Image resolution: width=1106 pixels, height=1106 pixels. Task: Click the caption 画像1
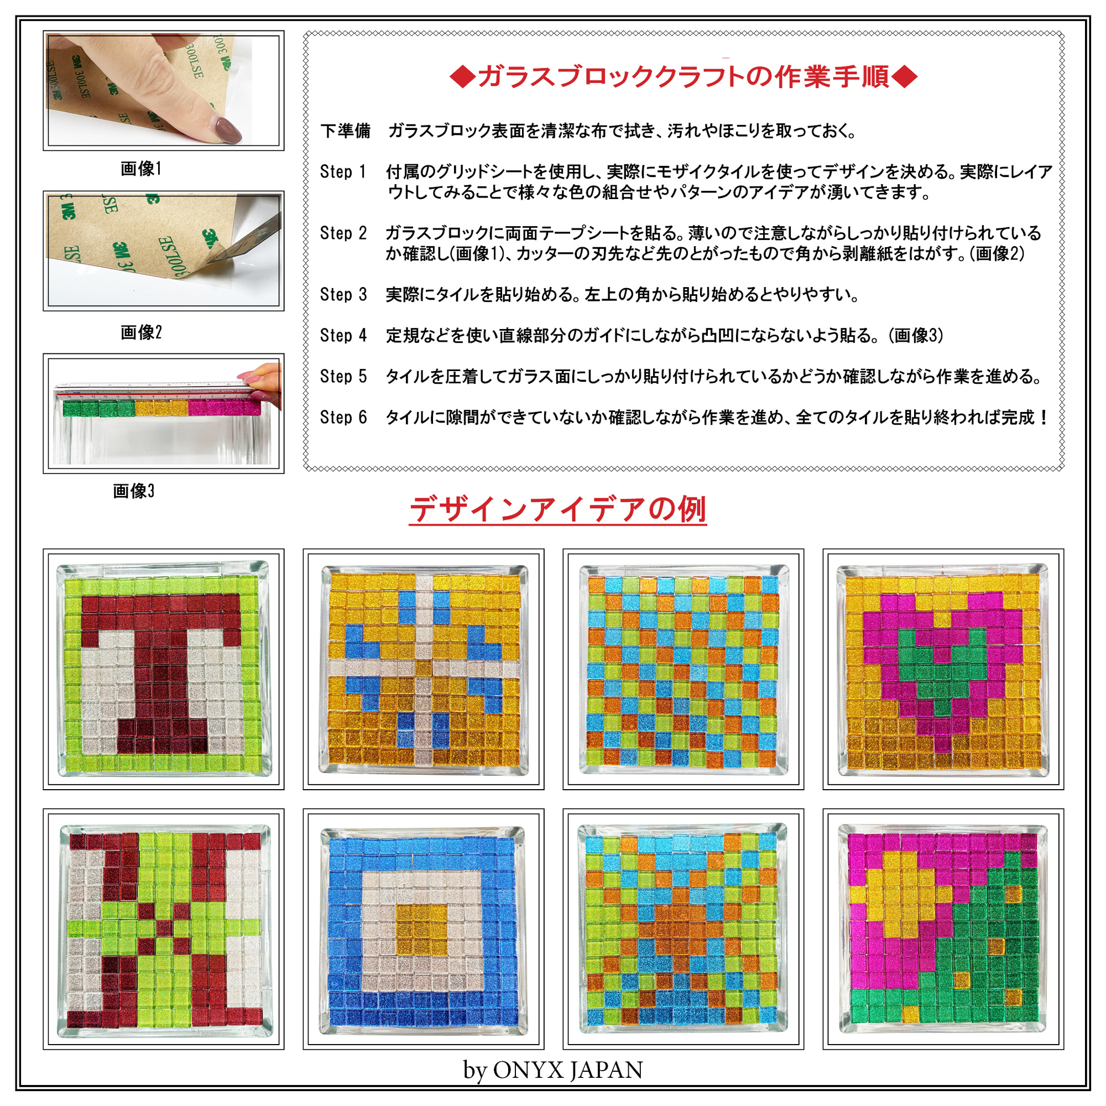tap(141, 168)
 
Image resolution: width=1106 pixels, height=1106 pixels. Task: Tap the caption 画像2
tap(141, 332)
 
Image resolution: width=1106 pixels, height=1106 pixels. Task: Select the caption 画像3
tap(133, 491)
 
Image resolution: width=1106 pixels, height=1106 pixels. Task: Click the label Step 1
tap(343, 172)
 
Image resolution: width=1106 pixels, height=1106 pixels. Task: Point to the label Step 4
tap(343, 336)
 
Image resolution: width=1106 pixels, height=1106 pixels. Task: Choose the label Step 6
tap(343, 418)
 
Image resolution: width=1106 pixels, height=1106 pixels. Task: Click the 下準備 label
tap(345, 131)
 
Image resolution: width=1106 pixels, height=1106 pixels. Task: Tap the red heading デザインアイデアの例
tap(558, 509)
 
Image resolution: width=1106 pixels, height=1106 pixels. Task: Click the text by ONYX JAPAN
tap(553, 1070)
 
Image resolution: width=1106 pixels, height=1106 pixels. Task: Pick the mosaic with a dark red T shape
tap(163, 669)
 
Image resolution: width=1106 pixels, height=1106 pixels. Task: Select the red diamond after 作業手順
tap(905, 77)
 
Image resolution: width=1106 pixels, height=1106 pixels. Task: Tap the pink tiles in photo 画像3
tap(224, 408)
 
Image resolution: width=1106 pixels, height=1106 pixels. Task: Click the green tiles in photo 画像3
tap(98, 408)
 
